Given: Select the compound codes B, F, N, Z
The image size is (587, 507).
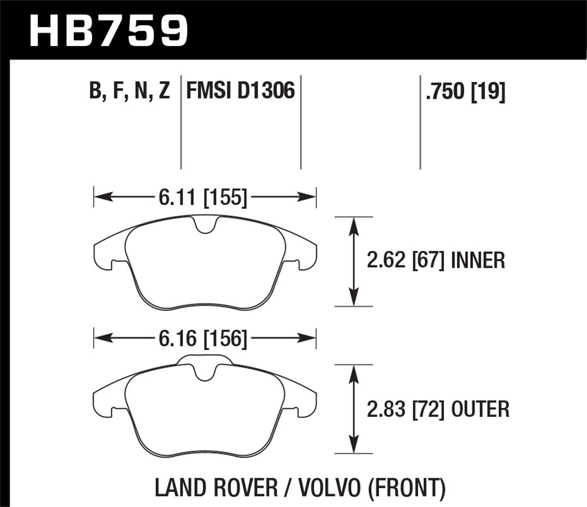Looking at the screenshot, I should [130, 91].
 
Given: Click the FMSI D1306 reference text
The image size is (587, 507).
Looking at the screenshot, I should [240, 91].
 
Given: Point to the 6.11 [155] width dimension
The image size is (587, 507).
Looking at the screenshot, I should [203, 197].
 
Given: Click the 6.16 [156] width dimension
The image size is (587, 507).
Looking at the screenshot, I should [203, 338].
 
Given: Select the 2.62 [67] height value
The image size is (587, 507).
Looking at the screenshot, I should [405, 261].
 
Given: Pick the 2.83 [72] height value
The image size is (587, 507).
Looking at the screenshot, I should [405, 409].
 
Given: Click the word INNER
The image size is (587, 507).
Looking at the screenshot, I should [478, 261].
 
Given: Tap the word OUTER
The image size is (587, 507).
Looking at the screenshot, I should [480, 409].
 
